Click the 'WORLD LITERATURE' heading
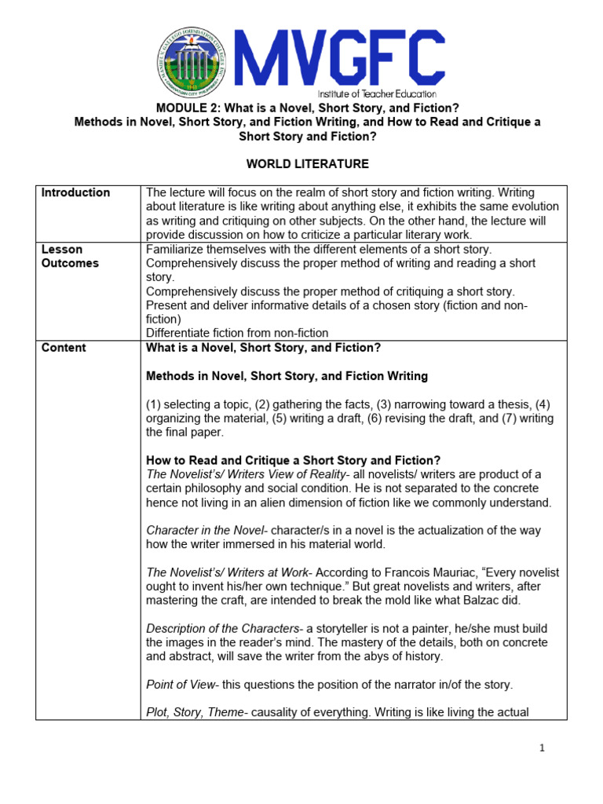(296, 164)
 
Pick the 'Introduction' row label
(75, 193)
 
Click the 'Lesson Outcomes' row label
(70, 257)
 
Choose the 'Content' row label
(64, 348)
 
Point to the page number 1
(542, 748)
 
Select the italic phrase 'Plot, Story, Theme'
(193, 713)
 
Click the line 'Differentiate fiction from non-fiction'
(237, 333)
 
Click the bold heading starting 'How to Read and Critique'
(293, 460)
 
